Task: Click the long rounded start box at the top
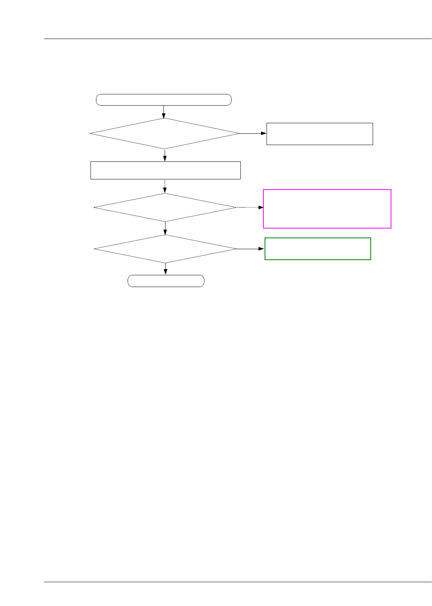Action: coord(164,100)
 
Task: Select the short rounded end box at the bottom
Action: coord(166,281)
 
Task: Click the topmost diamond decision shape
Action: coord(164,133)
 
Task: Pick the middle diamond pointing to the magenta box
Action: coord(165,207)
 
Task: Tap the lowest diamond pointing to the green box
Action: coord(165,249)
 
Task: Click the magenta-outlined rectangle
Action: coord(327,209)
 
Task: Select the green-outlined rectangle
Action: coord(318,249)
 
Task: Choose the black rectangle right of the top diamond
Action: coord(320,134)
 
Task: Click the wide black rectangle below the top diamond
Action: coord(165,170)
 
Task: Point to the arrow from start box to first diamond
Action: coord(164,112)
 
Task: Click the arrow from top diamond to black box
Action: coord(253,133)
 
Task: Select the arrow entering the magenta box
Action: coord(250,207)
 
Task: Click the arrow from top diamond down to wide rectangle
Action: coord(165,155)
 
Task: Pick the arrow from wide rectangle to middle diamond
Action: coord(165,186)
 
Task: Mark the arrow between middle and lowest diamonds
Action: coord(165,228)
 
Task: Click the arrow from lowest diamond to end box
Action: coord(165,269)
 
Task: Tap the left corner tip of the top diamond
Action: coord(91,133)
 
